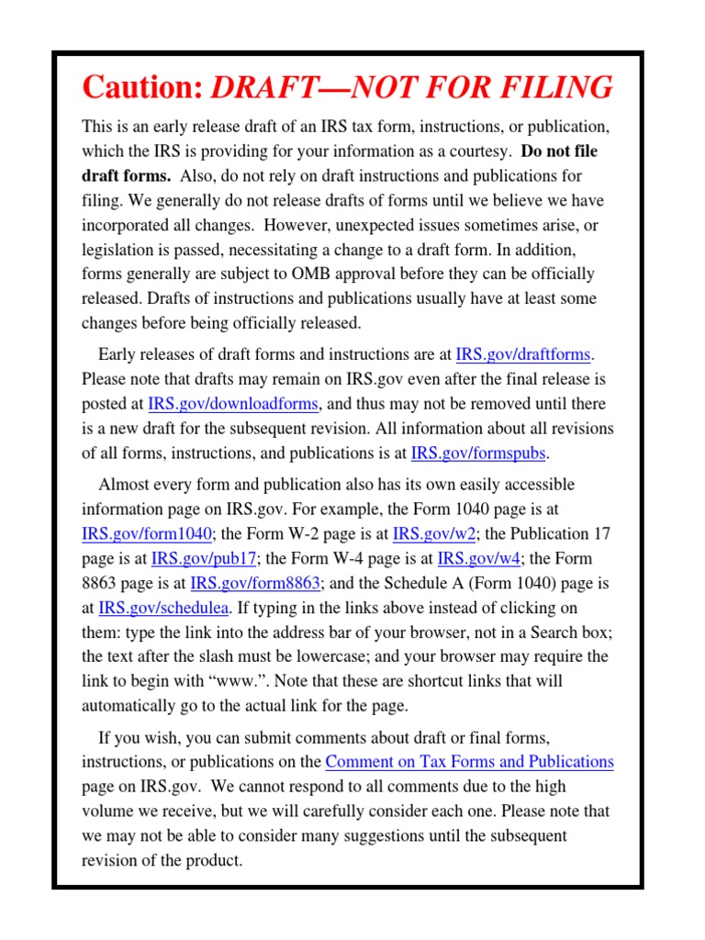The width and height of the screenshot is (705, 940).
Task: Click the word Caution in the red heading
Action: point(140,88)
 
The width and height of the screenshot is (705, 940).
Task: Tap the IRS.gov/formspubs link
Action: point(478,453)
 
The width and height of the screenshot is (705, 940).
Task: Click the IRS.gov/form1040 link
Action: point(147,533)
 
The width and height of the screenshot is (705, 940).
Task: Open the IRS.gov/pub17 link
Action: point(205,558)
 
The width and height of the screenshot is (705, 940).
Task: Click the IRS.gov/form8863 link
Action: point(256,583)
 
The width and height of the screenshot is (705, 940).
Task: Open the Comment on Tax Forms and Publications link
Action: point(469,762)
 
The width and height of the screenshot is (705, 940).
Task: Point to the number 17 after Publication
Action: point(601,533)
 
